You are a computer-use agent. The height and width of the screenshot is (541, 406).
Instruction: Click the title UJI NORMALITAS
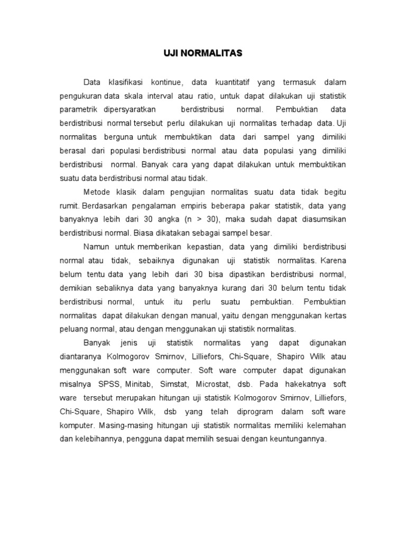(202, 53)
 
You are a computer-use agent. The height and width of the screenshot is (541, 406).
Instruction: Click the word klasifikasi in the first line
(125, 82)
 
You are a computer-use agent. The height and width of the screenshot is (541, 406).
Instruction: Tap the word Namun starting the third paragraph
(96, 246)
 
